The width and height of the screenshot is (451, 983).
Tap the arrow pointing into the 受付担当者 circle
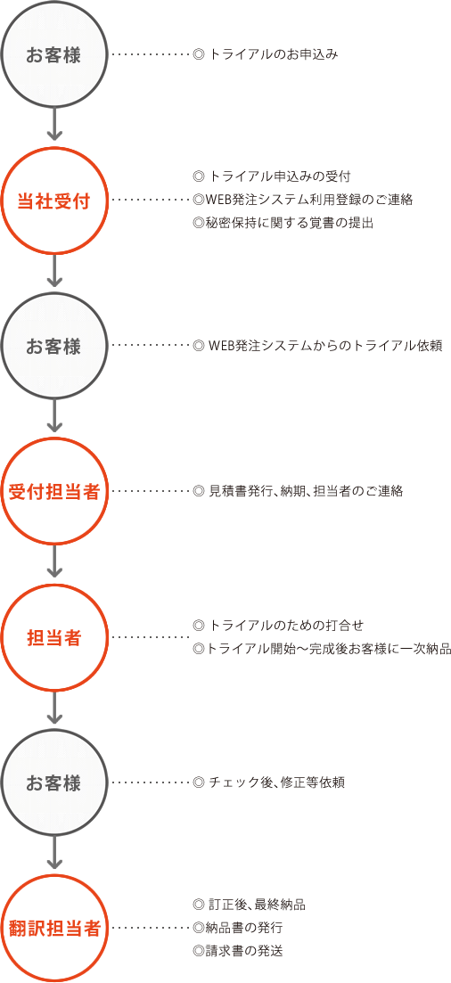pos(54,417)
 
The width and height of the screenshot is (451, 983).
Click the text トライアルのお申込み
pos(275,55)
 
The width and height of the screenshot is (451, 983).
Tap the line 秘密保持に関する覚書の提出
pos(290,223)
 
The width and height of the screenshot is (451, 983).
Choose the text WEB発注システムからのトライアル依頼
pos(326,346)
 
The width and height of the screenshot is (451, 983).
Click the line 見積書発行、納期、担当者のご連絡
pos(306,491)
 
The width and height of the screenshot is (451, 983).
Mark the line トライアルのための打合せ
pos(287,625)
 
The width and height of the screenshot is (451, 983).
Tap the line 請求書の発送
pos(244,951)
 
